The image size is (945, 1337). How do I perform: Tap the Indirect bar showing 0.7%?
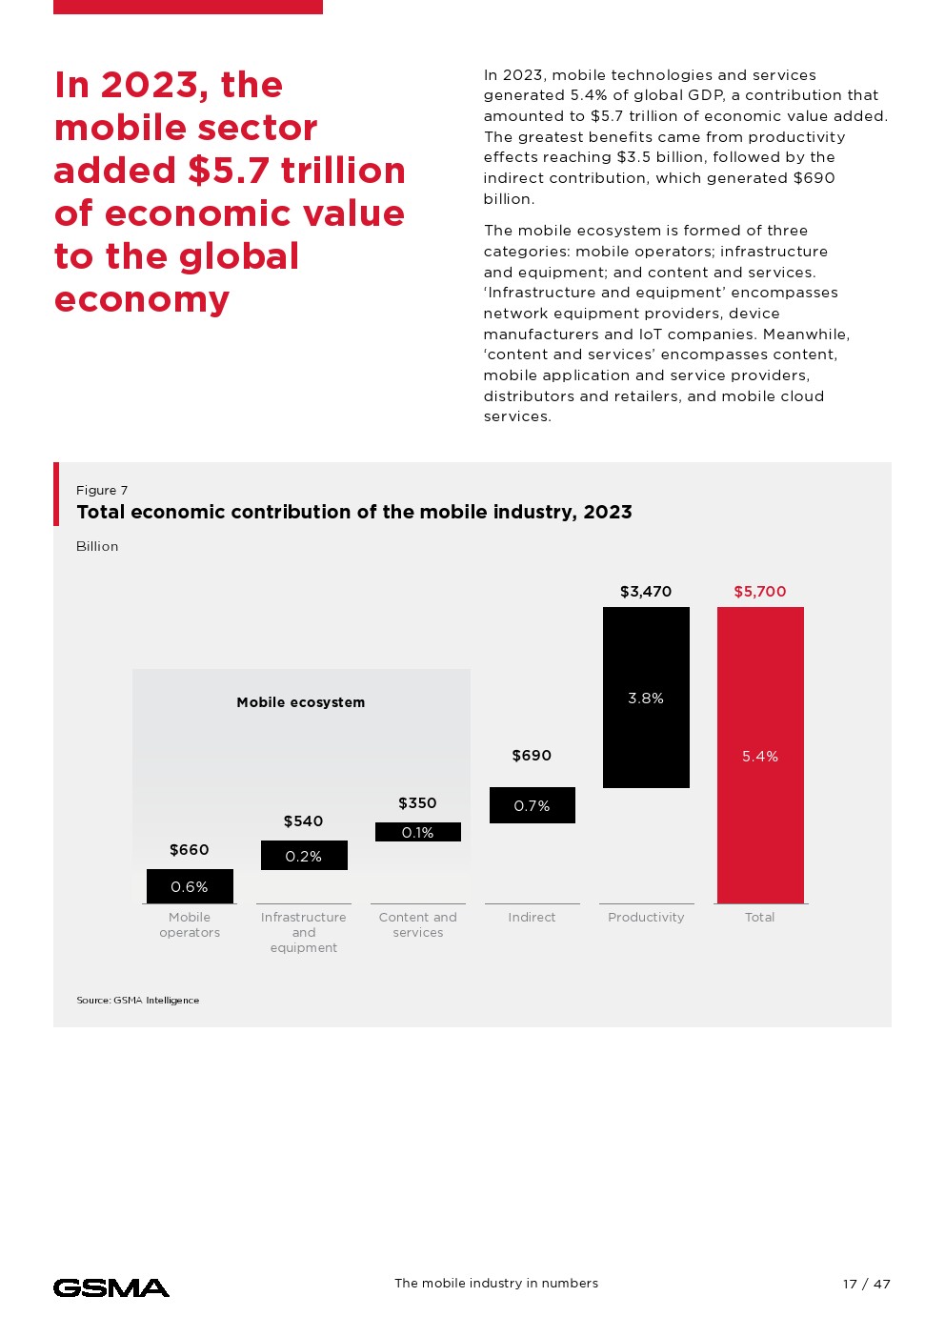(x=532, y=805)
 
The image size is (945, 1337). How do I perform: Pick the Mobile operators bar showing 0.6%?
(x=190, y=886)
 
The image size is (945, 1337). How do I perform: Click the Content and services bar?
(x=417, y=832)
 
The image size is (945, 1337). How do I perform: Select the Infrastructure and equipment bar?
(x=304, y=856)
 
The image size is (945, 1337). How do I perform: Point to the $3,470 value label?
(x=646, y=592)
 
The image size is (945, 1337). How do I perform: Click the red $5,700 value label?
(x=760, y=592)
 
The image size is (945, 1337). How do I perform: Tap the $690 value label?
(x=532, y=756)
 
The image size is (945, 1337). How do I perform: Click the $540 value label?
(x=303, y=821)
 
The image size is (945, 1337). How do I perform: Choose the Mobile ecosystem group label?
(x=301, y=702)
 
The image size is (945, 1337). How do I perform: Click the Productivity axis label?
(x=646, y=918)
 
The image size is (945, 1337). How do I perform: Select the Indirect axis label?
(x=532, y=918)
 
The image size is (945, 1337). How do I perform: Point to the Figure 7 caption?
(x=102, y=491)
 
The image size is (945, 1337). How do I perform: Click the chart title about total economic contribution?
(x=354, y=513)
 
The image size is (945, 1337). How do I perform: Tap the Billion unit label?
(x=97, y=547)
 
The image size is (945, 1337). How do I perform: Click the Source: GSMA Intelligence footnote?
(x=138, y=1001)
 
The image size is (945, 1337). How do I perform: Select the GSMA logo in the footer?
(x=111, y=1288)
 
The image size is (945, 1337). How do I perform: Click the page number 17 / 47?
(x=866, y=1285)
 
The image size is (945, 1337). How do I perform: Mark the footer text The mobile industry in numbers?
(x=496, y=1284)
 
